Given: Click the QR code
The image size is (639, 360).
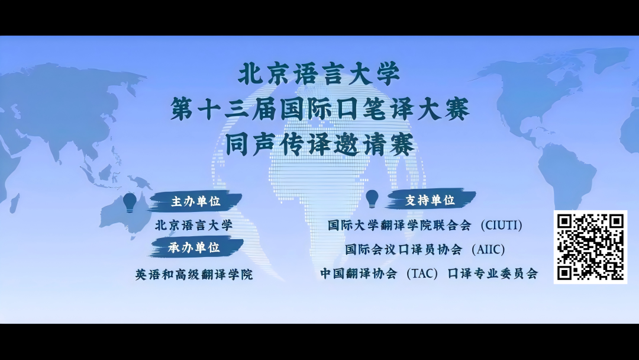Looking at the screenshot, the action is point(590,247).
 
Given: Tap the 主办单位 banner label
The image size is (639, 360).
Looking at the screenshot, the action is point(196,201).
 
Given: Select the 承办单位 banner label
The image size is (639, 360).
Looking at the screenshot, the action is point(195,247).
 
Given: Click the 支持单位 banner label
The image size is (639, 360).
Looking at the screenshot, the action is point(430,200).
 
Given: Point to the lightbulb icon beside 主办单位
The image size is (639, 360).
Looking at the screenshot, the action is point(130,202).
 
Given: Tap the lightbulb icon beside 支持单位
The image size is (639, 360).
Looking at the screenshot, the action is point(372,199).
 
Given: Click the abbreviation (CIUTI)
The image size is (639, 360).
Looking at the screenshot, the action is point(501,226).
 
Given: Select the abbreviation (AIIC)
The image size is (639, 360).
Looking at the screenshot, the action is point(488,249).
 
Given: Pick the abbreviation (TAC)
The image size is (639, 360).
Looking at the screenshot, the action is point(422,273).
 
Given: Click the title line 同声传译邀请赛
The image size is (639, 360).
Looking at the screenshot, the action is point(320,144).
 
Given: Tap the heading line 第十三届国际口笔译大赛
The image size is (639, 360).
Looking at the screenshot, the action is point(320,109).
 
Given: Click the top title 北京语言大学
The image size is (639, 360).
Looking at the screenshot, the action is point(319,74).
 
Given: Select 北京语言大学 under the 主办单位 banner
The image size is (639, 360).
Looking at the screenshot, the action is point(193,225).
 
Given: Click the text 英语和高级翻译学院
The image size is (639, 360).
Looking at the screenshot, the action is point(194,274).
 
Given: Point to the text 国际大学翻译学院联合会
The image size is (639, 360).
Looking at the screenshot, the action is point(399,226).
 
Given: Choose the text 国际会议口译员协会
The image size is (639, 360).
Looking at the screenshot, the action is point(404,249).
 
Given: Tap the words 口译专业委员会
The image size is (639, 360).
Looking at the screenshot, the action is point(493,273).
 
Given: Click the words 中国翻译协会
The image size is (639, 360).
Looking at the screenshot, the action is point(359,273).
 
